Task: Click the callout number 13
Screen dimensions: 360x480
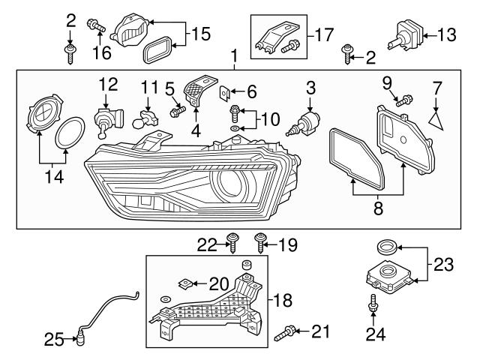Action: click(x=447, y=34)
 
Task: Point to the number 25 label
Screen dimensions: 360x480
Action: click(x=54, y=340)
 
